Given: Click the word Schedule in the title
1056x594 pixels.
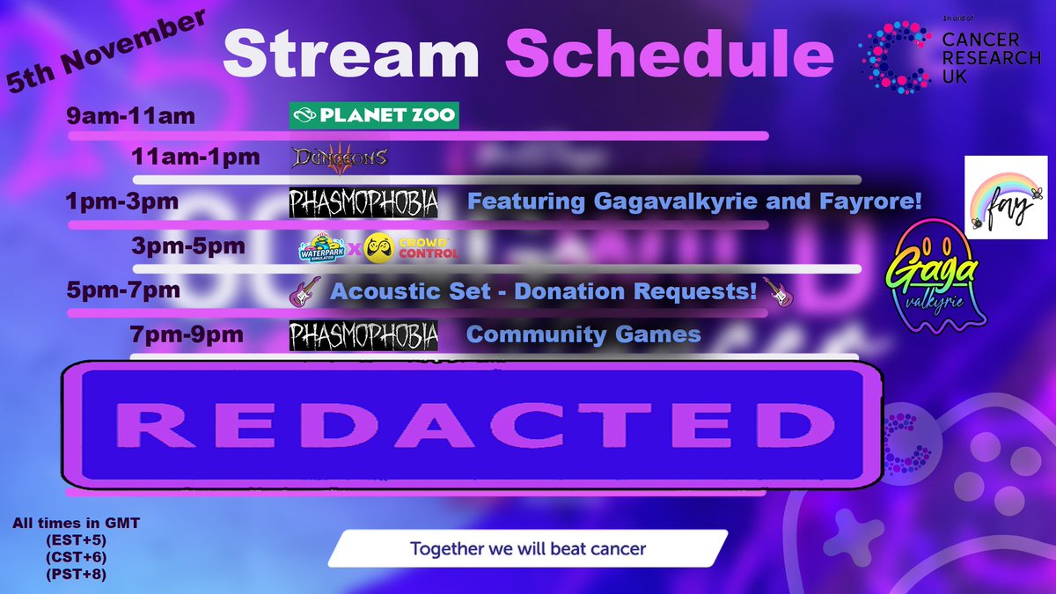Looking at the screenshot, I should (669, 55).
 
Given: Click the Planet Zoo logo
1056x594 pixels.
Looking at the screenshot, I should (374, 115).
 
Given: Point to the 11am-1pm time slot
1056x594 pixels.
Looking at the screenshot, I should (195, 158).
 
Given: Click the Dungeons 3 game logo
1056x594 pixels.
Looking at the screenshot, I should (339, 158).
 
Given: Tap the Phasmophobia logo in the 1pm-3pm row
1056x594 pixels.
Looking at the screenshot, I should (363, 202).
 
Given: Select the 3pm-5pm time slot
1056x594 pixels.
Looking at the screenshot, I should (187, 247).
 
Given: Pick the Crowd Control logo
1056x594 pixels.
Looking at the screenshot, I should (412, 246).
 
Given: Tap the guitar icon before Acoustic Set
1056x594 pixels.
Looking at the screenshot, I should (304, 292).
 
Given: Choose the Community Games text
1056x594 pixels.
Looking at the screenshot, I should (583, 334).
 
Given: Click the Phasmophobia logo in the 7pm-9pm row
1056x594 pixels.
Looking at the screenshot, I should (363, 335).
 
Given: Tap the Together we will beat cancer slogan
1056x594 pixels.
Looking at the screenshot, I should (528, 549).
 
